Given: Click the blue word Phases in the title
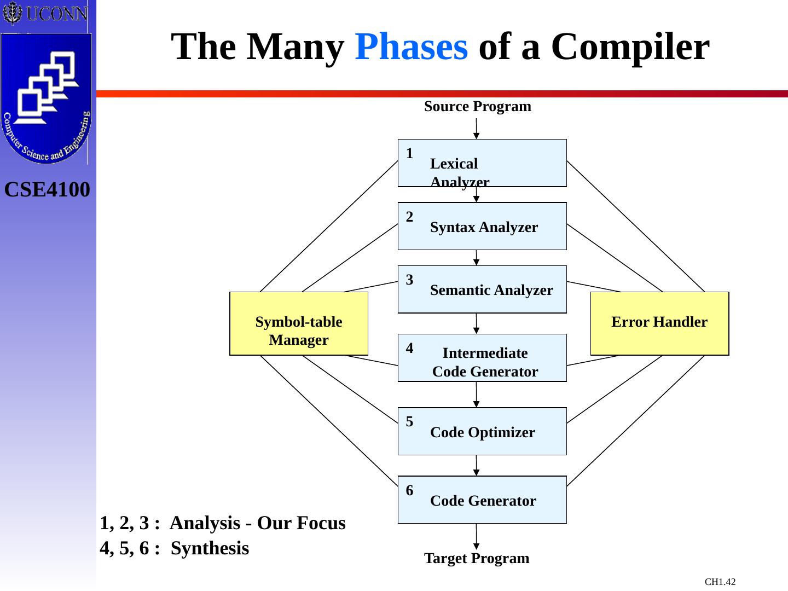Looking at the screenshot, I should [411, 47].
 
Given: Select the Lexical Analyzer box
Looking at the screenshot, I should [482, 163].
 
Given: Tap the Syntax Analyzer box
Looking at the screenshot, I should [482, 227].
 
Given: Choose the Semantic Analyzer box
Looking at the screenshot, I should [482, 289].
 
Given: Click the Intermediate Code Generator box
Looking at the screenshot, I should [482, 358].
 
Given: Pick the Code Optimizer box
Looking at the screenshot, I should [482, 432].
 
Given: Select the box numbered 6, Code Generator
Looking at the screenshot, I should [482, 500].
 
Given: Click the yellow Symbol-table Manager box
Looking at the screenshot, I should [298, 324].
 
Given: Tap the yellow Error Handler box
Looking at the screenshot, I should [659, 324].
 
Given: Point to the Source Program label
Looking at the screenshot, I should [477, 107].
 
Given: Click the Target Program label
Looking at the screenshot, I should [477, 559].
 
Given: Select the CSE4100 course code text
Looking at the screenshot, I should [47, 190].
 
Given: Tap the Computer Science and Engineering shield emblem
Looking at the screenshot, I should [47, 99].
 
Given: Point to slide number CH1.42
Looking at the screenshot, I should [720, 582].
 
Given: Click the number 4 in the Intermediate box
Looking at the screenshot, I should [410, 348].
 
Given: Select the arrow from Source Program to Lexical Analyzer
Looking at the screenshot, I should [476, 129].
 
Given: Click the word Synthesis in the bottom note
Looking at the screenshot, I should [210, 548].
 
